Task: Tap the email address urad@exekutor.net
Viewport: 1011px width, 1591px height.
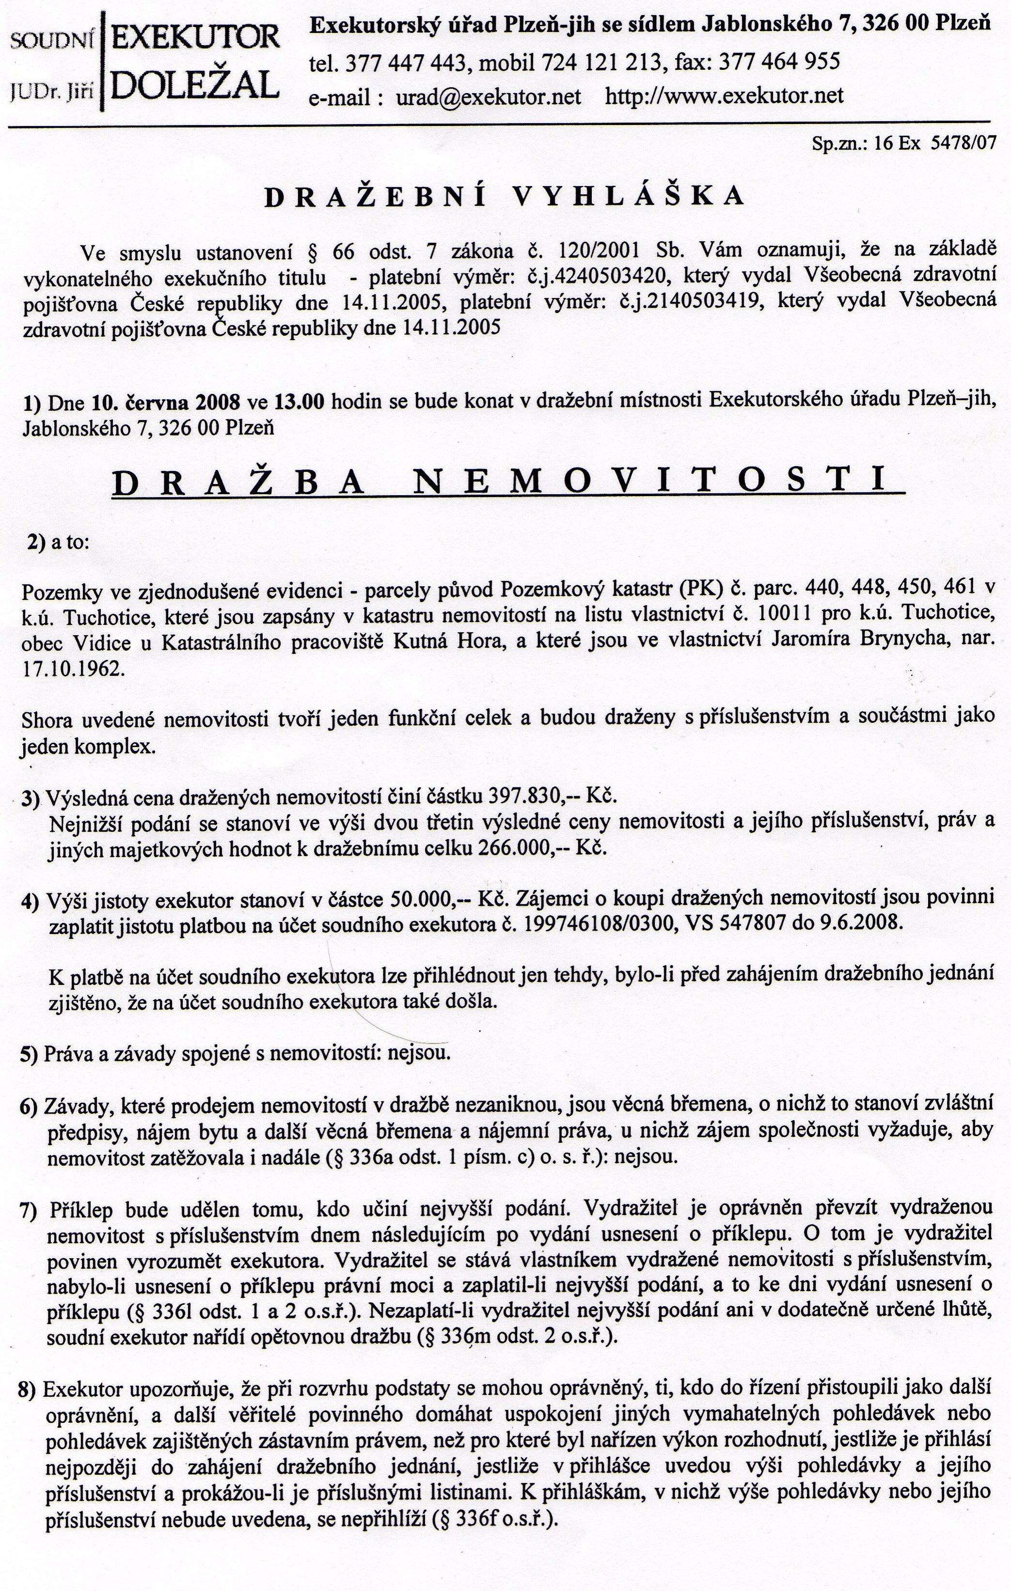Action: tap(489, 96)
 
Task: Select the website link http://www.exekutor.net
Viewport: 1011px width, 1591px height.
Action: tap(724, 96)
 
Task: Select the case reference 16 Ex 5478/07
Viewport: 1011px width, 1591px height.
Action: tap(934, 143)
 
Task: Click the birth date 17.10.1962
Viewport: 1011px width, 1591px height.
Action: tap(73, 669)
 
